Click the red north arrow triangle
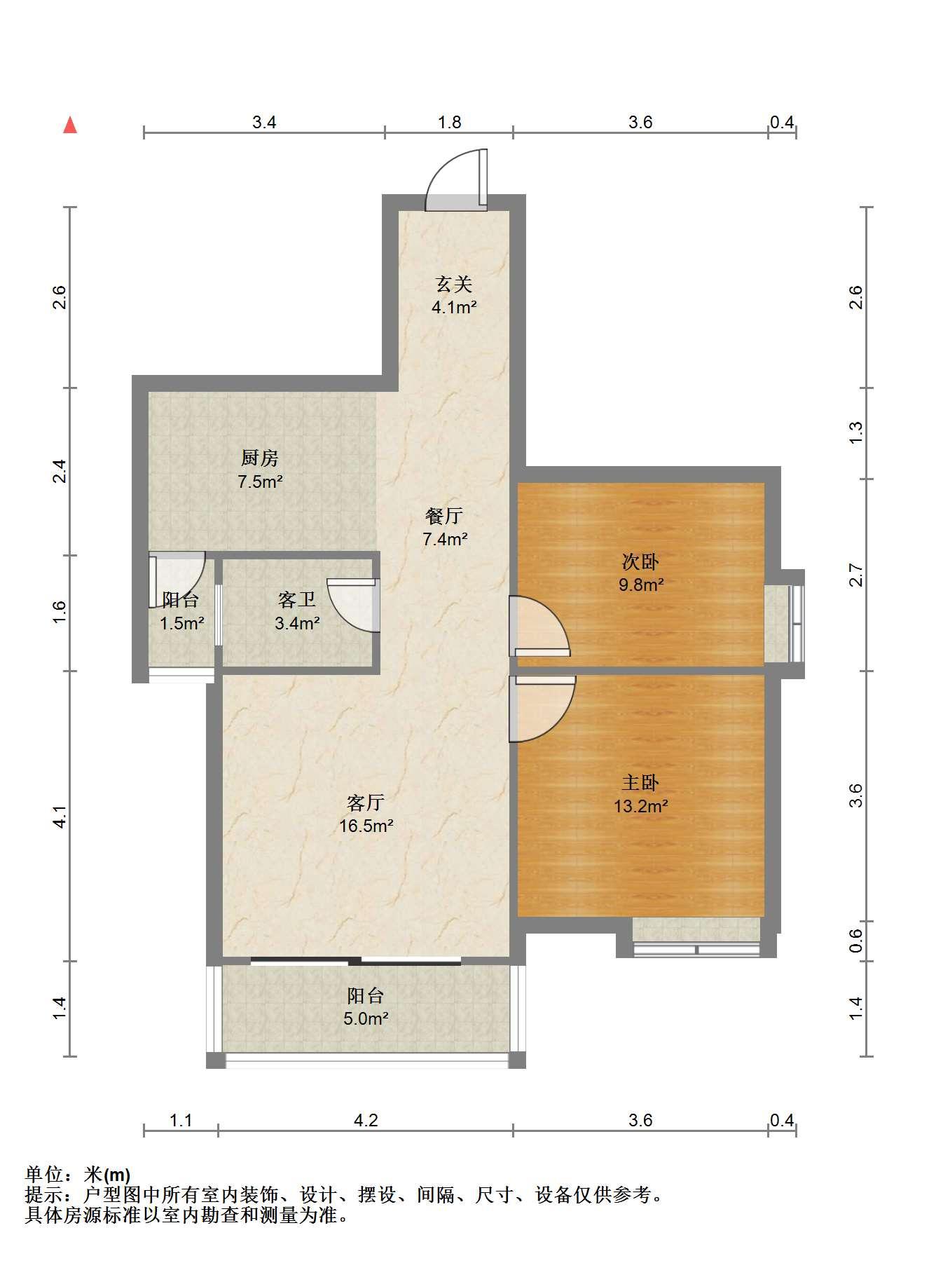coord(70,125)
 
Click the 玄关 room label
coord(454,284)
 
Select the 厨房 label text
coord(259,458)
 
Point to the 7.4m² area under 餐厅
coord(445,539)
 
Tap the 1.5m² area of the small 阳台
coord(181,623)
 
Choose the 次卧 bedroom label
coord(640,561)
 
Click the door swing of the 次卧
coord(538,626)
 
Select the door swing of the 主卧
coord(542,709)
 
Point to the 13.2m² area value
coord(640,806)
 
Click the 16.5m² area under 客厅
coord(366,826)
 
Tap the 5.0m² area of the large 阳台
coord(366,1018)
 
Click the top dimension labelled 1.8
coord(449,123)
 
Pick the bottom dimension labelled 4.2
coord(365,1120)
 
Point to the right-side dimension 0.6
coord(855,941)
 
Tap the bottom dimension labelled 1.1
coord(181,1120)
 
